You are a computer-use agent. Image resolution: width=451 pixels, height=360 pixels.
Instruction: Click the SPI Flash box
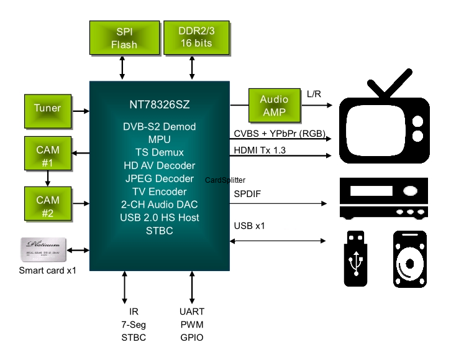(x=124, y=37)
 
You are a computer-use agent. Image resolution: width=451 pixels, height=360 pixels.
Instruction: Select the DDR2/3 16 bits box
(x=195, y=37)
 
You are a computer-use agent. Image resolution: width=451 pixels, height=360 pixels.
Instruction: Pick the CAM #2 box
(x=47, y=205)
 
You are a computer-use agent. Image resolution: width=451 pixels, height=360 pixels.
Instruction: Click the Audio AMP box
(x=274, y=105)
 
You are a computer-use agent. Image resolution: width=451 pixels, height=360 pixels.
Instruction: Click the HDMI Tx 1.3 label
(x=260, y=150)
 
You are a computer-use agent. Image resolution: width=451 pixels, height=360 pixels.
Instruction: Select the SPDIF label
(x=247, y=194)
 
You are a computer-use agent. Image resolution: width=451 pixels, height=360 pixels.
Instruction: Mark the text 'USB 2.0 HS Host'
(x=160, y=218)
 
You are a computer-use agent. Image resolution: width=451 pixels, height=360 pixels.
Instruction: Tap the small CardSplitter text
(x=225, y=180)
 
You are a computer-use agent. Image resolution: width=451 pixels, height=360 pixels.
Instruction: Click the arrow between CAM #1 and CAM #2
(x=47, y=178)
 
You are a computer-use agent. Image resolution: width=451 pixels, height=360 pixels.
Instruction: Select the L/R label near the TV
(x=314, y=93)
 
